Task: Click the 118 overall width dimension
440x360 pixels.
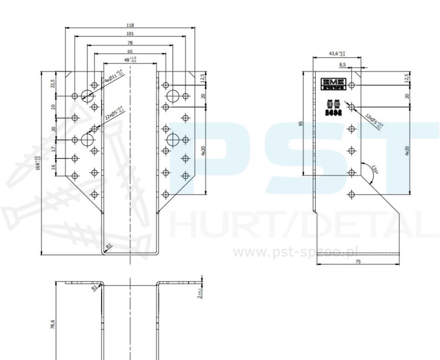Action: point(130,25)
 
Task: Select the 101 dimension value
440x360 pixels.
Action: point(130,34)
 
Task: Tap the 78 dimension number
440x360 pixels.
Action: point(130,43)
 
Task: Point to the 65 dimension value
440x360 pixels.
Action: point(130,52)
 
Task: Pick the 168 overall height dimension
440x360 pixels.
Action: point(38,162)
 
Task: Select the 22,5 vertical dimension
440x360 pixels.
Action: point(53,83)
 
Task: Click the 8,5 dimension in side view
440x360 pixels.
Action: point(342,64)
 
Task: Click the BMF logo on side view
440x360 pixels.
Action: point(332,83)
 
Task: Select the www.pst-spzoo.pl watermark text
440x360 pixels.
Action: point(287,252)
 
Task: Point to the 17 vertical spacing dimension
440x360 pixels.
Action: point(53,150)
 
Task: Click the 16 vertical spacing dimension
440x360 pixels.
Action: point(53,167)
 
